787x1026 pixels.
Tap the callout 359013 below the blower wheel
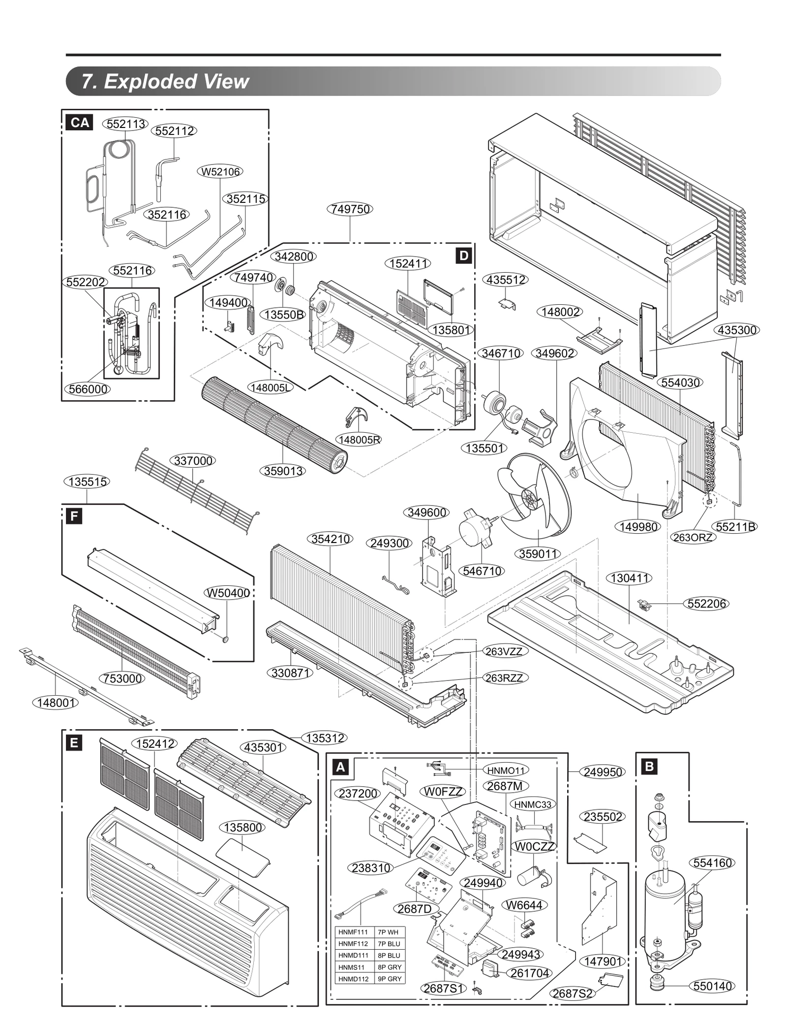(283, 471)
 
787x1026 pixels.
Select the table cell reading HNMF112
(353, 943)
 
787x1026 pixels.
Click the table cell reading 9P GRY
(389, 979)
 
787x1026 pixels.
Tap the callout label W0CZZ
(534, 846)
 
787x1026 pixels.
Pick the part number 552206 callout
(706, 604)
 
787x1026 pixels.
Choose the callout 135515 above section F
(87, 481)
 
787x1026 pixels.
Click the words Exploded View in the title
(176, 81)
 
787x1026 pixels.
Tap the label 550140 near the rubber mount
(712, 986)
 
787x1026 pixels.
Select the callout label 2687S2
(572, 994)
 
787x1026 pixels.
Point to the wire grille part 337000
(197, 492)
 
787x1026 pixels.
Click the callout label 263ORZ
(693, 537)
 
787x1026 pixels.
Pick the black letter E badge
(74, 742)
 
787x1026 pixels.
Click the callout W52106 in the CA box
(220, 171)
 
